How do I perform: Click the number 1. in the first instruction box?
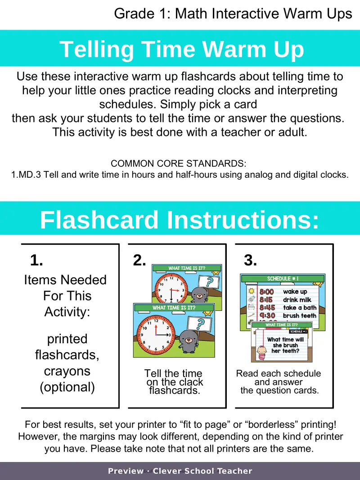pyautogui.click(x=36, y=260)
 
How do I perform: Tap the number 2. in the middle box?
pyautogui.click(x=139, y=260)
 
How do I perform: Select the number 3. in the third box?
pyautogui.click(x=250, y=260)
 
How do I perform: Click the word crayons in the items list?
pyautogui.click(x=67, y=371)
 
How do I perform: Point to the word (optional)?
pyautogui.click(x=67, y=387)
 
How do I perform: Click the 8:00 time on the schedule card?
pyautogui.click(x=267, y=292)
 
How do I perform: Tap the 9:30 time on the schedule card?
pyautogui.click(x=267, y=316)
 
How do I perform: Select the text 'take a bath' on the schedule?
pyautogui.click(x=300, y=308)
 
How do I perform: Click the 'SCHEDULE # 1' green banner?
pyautogui.click(x=283, y=278)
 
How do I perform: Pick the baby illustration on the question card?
pyautogui.click(x=262, y=353)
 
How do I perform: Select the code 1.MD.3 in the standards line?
pyautogui.click(x=26, y=175)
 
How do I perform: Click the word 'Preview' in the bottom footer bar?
pyautogui.click(x=126, y=471)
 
